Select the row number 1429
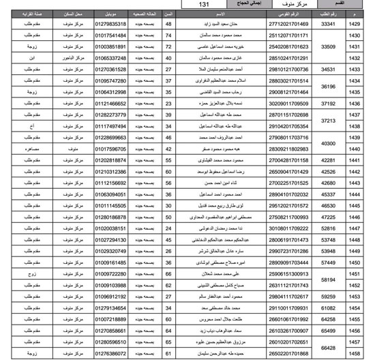(354, 24)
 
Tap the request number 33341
(329, 24)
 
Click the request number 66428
(329, 348)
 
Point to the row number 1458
(354, 354)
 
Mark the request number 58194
(329, 280)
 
